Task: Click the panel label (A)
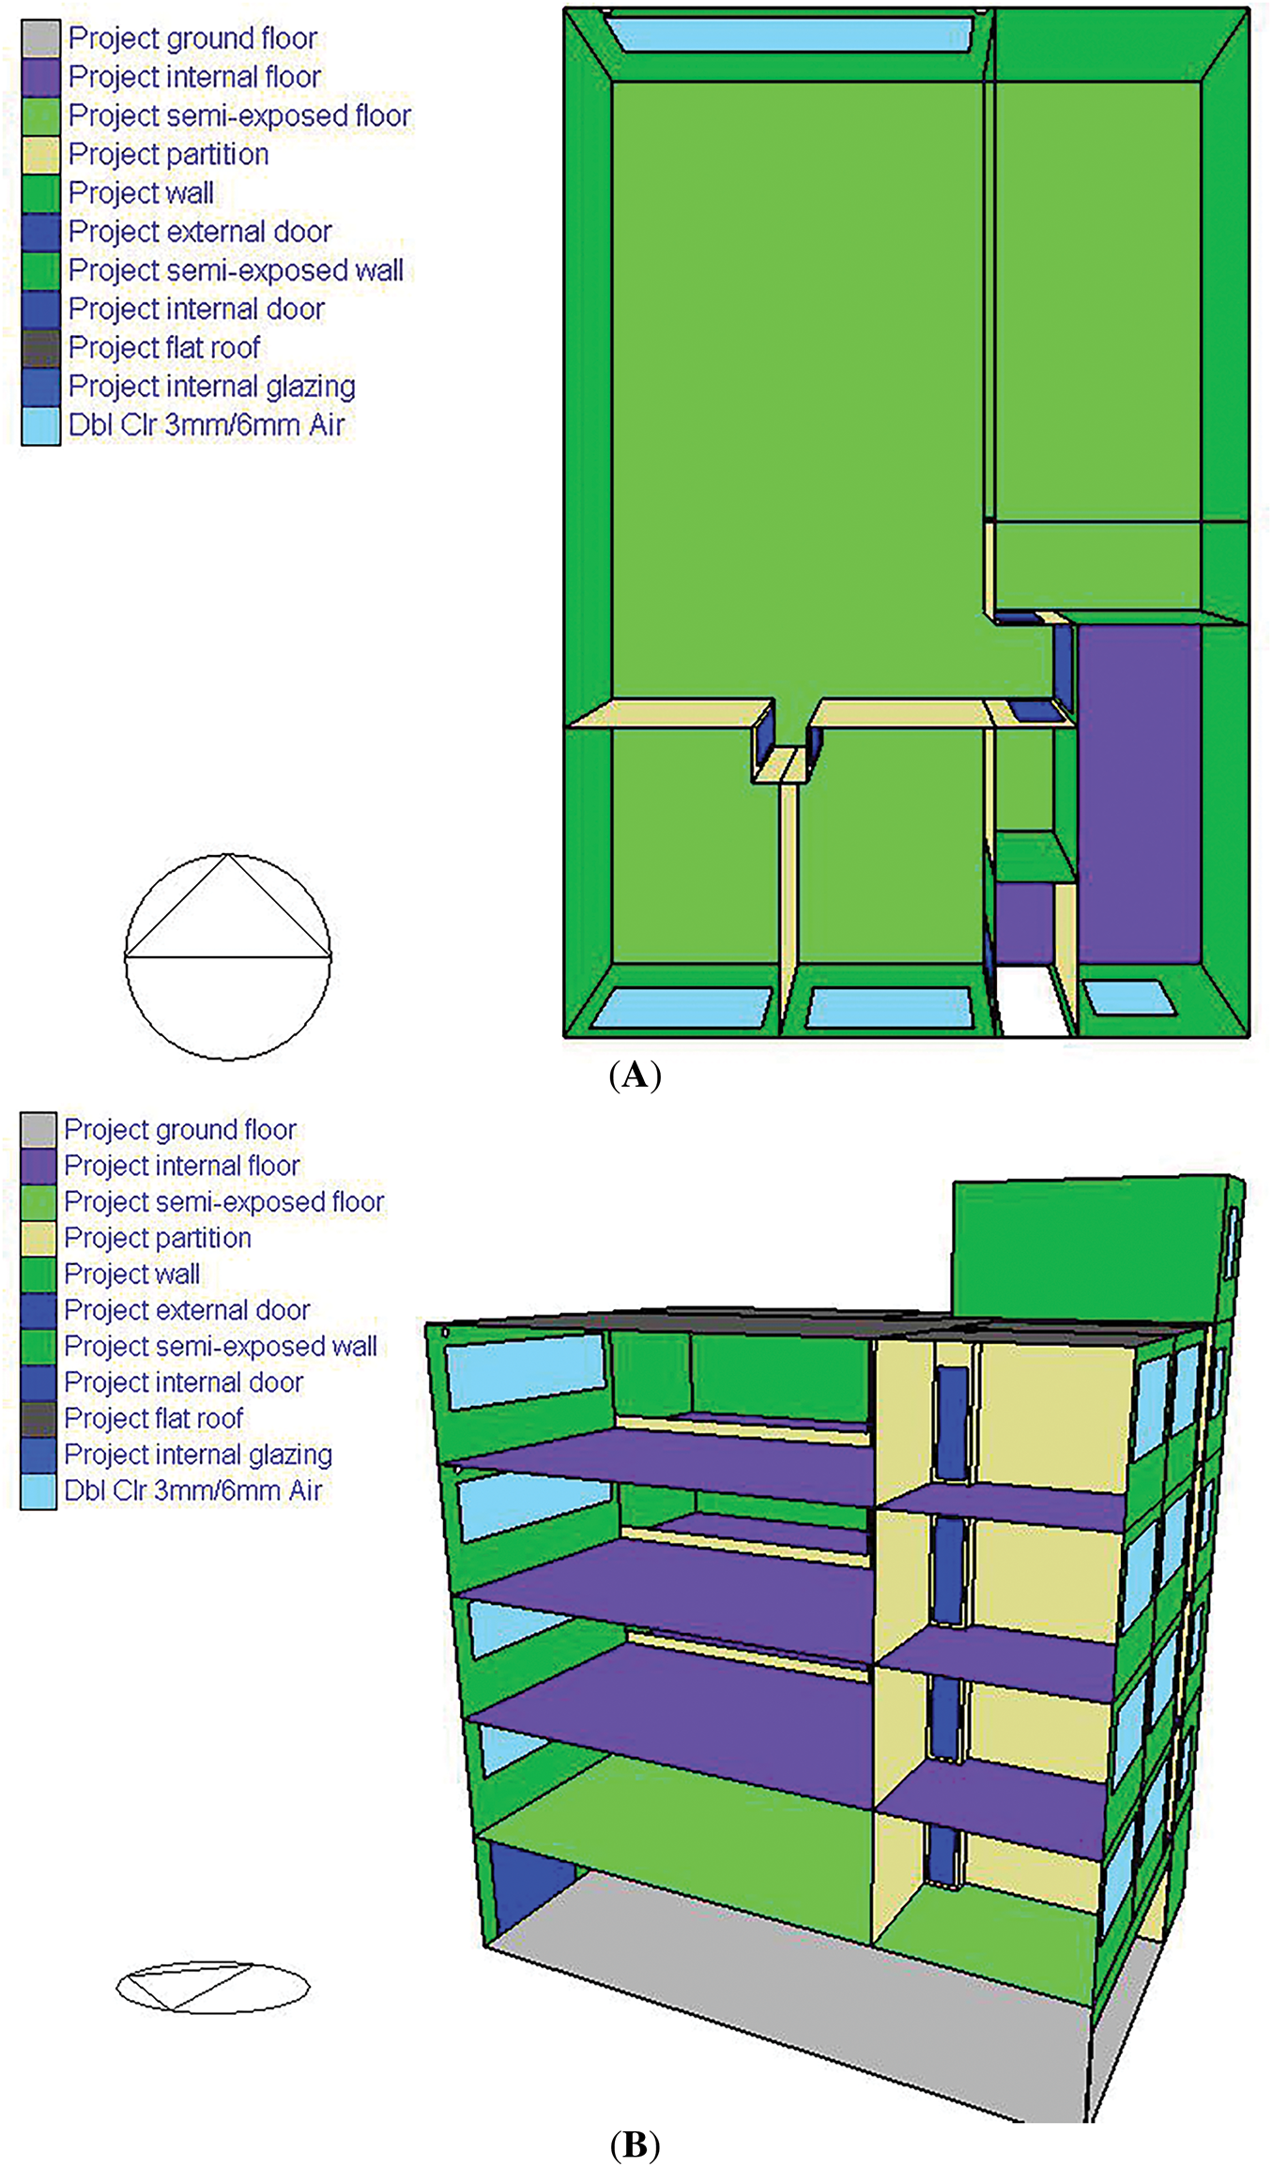click(636, 1074)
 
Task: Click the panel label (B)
click(636, 2146)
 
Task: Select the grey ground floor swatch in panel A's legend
click(40, 38)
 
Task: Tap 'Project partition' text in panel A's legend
click(168, 154)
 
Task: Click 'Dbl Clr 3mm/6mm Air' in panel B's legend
click(193, 1490)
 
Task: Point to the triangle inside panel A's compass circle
click(228, 907)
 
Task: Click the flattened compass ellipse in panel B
click(213, 1987)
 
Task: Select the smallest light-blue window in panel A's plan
click(1129, 997)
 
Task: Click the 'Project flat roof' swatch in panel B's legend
click(38, 1419)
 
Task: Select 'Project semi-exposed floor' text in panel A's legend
click(240, 115)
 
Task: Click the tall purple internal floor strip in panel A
click(1139, 794)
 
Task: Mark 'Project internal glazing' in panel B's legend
click(198, 1455)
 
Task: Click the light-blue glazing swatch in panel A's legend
click(40, 425)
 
